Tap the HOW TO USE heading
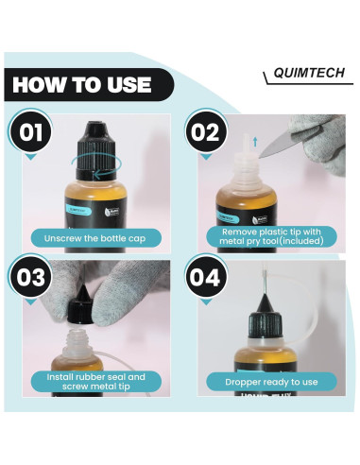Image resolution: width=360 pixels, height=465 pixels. [x=83, y=84]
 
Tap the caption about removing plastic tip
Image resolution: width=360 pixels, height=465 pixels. [x=272, y=234]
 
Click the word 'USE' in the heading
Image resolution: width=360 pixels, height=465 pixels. [x=123, y=84]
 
